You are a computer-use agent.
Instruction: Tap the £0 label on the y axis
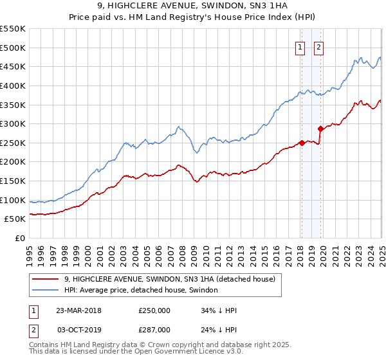pyautogui.click(x=21, y=238)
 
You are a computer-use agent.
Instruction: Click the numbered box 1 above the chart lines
pyautogui.click(x=300, y=46)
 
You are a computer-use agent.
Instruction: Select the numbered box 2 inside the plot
pyautogui.click(x=318, y=46)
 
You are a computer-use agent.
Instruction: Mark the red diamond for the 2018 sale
pyautogui.click(x=302, y=143)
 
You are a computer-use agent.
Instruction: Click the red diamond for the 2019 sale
pyautogui.click(x=320, y=129)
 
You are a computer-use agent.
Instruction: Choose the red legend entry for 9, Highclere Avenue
pyautogui.click(x=170, y=279)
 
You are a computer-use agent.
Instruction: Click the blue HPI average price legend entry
pyautogui.click(x=141, y=290)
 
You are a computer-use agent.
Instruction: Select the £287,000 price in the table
pyautogui.click(x=154, y=329)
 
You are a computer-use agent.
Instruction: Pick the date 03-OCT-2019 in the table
pyautogui.click(x=78, y=329)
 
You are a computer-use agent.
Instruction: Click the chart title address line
pyautogui.click(x=193, y=7)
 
